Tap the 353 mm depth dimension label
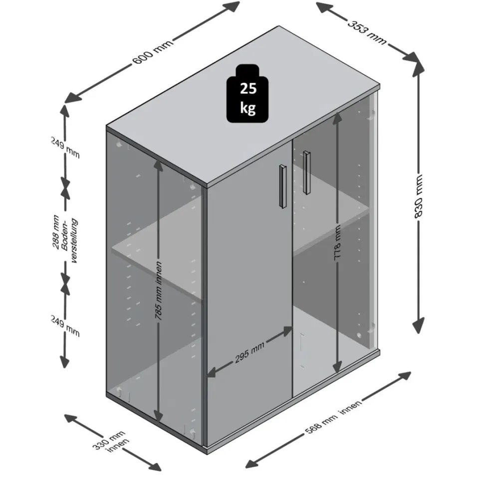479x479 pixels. (367, 32)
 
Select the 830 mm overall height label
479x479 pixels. (418, 196)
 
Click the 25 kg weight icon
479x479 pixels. (247, 93)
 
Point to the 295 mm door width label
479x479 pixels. (249, 353)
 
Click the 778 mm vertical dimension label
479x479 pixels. (337, 242)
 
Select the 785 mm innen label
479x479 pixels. (158, 290)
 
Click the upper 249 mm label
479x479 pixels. (65, 147)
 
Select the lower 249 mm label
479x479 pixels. (65, 326)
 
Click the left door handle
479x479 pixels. (283, 187)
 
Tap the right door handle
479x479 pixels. (306, 173)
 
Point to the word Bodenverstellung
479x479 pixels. (70, 240)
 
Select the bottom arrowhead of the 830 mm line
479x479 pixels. (418, 326)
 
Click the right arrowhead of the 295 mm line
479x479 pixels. (286, 331)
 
